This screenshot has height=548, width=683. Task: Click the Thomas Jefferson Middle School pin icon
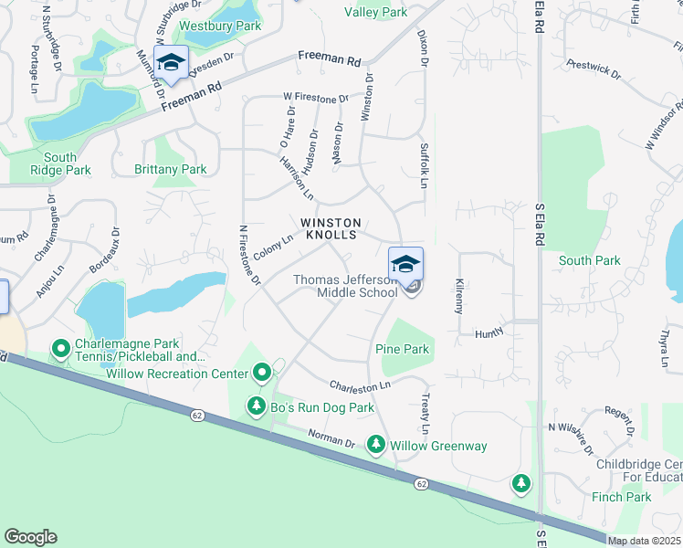coord(406,263)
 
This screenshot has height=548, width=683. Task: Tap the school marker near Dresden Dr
coord(171,62)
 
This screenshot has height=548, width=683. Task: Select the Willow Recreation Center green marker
coord(262,373)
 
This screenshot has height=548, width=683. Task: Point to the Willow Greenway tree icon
coord(375,445)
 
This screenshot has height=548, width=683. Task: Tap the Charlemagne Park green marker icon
coord(62,348)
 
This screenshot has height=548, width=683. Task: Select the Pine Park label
coord(402,349)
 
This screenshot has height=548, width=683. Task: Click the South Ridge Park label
coord(60,163)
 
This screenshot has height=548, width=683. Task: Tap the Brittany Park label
coord(171,169)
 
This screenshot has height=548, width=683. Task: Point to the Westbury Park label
coord(221,26)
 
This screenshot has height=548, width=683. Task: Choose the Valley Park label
coord(376,13)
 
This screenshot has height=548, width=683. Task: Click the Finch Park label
coord(622,497)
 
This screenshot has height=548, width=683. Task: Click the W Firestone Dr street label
coord(317,98)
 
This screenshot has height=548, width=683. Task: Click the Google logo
coord(30,537)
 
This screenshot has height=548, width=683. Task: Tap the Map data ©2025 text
coord(644,541)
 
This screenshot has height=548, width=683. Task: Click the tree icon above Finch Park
coord(521,481)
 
